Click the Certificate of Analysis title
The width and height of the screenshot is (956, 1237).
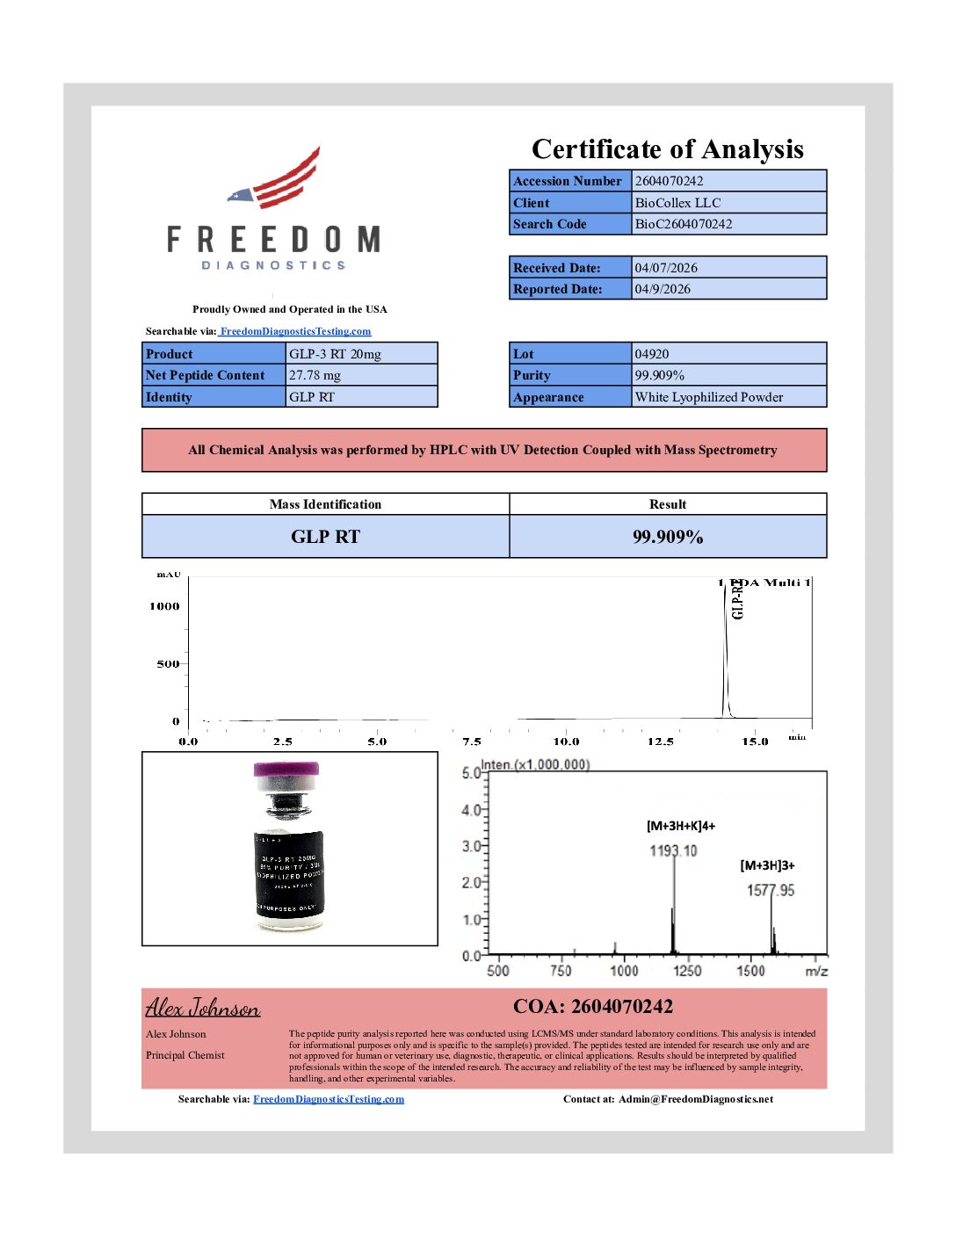coord(667,149)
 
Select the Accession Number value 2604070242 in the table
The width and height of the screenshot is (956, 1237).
coord(669,181)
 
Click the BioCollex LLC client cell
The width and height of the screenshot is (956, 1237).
coord(677,203)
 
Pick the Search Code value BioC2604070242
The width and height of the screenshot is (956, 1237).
coord(684,224)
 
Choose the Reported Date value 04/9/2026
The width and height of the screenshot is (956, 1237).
coord(663,289)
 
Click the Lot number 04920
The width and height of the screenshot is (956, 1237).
coord(652,354)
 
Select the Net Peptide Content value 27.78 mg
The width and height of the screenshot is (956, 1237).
coord(315,375)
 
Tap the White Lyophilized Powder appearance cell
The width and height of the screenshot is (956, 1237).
coord(709,397)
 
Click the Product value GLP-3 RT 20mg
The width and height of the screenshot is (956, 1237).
coord(335,354)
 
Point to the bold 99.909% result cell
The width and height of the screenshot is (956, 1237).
coord(668,537)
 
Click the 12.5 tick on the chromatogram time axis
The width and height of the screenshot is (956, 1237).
coord(660,741)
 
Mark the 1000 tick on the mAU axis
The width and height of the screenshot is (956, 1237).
coord(164,606)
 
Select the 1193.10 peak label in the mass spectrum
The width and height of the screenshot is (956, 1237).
coord(673,850)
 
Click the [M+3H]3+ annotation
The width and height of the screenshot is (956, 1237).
coord(767,865)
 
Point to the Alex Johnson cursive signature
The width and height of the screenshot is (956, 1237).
coord(203,1008)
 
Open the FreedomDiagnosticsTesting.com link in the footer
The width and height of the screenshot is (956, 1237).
coord(329,1099)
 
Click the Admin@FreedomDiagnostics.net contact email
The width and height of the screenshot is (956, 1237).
coord(695,1099)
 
